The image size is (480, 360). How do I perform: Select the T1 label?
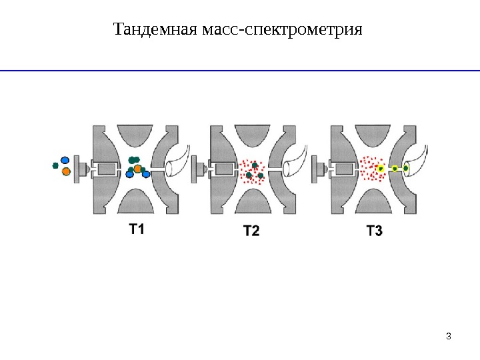(136, 230)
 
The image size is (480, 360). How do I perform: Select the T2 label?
(251, 231)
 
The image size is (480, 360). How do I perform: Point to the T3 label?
(375, 231)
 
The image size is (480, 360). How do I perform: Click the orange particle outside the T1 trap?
(66, 171)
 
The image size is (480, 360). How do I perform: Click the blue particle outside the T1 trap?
(65, 160)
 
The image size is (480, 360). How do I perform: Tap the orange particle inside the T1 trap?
(137, 168)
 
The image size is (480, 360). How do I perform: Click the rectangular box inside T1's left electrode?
(105, 169)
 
